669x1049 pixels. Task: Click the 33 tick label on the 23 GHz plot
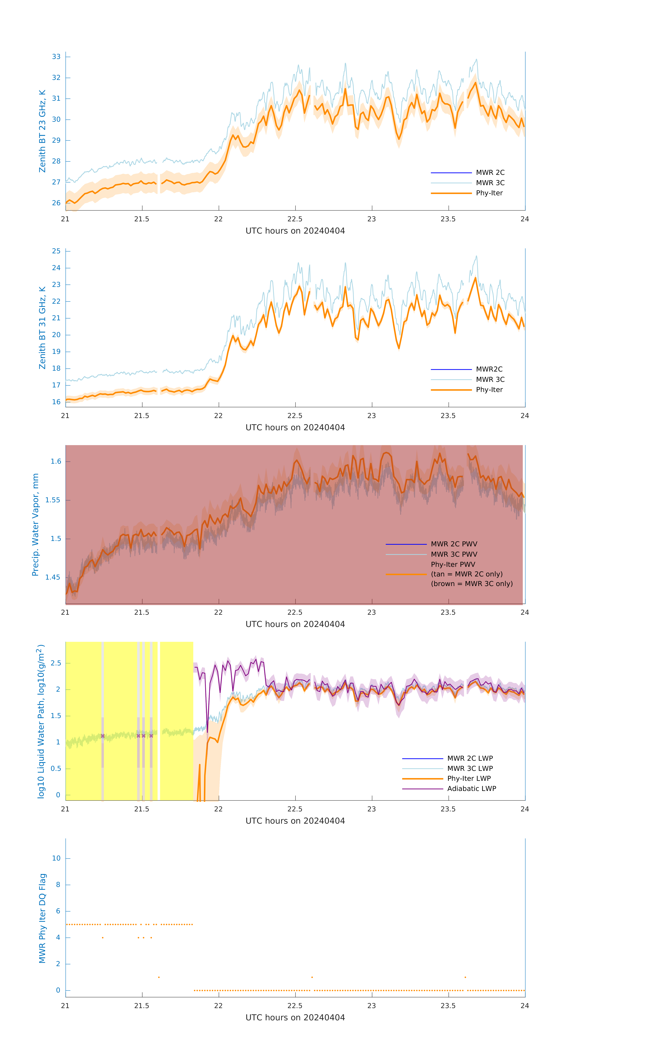pyautogui.click(x=56, y=57)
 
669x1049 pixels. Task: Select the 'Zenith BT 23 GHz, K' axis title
pyautogui.click(x=42, y=131)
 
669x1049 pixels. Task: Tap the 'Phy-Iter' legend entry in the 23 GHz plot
pyautogui.click(x=489, y=193)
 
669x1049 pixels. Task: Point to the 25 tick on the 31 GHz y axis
pyautogui.click(x=56, y=251)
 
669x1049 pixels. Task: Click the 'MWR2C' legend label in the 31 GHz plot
pyautogui.click(x=489, y=369)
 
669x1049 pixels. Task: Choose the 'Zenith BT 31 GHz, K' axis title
pyautogui.click(x=42, y=328)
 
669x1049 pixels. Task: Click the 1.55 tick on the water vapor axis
pyautogui.click(x=53, y=500)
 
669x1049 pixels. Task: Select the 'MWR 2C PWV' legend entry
pyautogui.click(x=454, y=544)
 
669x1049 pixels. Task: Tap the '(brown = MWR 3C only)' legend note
pyautogui.click(x=472, y=584)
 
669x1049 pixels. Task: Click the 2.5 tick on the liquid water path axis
pyautogui.click(x=56, y=663)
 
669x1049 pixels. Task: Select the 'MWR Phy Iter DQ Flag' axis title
pyautogui.click(x=42, y=918)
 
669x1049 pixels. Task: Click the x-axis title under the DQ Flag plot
pyautogui.click(x=295, y=1018)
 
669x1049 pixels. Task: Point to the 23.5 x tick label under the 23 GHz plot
pyautogui.click(x=448, y=219)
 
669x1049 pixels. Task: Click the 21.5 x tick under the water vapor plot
pyautogui.click(x=142, y=612)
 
